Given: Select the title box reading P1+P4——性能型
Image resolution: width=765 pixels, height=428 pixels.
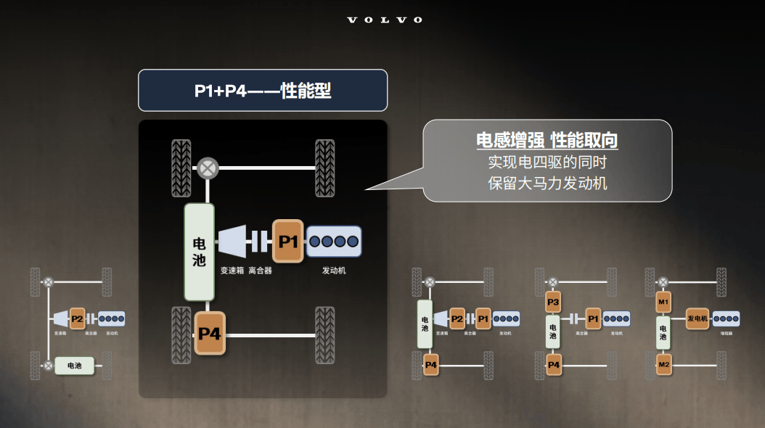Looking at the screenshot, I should [262, 91].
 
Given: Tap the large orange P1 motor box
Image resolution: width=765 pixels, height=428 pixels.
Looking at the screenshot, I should [288, 241].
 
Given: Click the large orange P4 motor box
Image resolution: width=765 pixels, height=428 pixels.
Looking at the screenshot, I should [210, 333].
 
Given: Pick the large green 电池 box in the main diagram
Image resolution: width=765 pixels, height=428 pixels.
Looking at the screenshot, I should [199, 251].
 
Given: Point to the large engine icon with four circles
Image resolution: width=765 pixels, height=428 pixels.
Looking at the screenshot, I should [334, 241].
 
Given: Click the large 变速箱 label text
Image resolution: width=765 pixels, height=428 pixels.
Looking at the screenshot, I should [232, 271].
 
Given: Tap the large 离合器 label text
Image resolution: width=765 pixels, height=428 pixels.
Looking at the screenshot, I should [260, 271].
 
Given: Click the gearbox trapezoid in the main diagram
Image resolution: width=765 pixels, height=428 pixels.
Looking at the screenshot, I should [232, 241].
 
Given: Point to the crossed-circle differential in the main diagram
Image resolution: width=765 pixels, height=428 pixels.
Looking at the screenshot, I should [208, 168].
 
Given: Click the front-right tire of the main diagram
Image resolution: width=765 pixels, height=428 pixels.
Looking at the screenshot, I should [324, 168].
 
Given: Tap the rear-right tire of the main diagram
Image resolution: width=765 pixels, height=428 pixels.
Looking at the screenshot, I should [324, 335].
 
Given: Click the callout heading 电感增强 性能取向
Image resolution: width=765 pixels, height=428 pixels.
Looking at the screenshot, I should [547, 140].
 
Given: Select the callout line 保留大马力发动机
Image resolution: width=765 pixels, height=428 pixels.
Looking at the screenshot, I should [547, 183].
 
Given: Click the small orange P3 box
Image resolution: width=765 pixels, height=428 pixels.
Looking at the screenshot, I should [554, 300].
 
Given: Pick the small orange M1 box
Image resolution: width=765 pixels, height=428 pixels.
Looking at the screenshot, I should [663, 300].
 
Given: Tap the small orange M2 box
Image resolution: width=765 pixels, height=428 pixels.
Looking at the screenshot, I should [663, 363].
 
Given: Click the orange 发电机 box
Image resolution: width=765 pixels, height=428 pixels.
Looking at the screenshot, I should [697, 318].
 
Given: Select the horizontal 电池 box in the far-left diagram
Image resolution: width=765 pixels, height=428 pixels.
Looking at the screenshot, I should [75, 366].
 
